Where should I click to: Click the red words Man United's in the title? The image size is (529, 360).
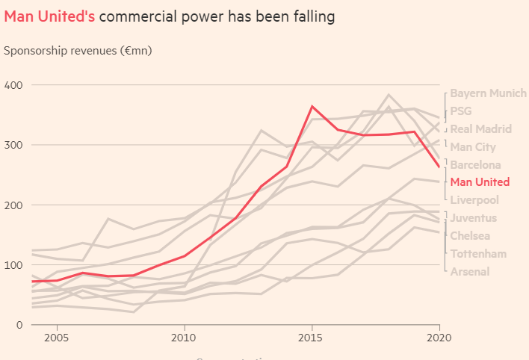click(x=49, y=16)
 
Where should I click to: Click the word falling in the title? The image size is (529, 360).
click(x=308, y=16)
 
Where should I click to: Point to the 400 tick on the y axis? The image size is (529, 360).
click(x=13, y=85)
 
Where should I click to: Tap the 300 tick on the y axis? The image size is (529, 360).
click(x=13, y=145)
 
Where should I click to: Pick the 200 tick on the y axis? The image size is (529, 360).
click(x=13, y=205)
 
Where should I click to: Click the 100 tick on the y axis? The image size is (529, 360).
click(x=13, y=264)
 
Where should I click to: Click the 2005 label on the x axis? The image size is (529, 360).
click(x=58, y=338)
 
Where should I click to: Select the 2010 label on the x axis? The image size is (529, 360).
click(x=185, y=338)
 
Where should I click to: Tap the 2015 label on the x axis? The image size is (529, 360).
click(x=312, y=338)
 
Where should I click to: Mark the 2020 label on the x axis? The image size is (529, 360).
click(x=439, y=338)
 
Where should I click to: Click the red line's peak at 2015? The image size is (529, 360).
click(x=312, y=106)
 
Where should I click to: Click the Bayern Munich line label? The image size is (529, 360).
click(x=488, y=93)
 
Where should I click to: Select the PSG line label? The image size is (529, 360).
click(x=461, y=111)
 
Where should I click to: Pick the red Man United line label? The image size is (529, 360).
click(x=480, y=182)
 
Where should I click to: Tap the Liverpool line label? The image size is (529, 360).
click(x=474, y=200)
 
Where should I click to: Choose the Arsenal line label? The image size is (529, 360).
click(x=470, y=271)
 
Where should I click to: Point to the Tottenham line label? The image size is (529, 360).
click(x=478, y=254)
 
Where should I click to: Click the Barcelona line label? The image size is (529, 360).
click(x=475, y=165)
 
